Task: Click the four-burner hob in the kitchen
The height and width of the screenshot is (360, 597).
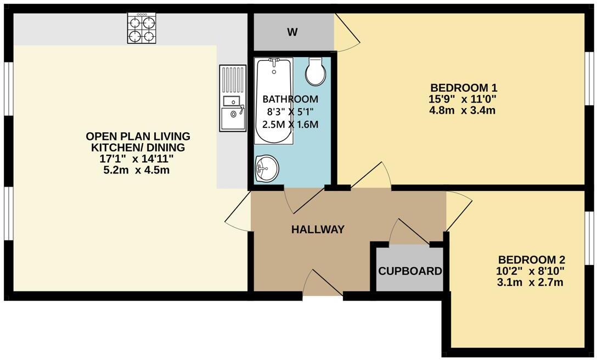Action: point(142,29)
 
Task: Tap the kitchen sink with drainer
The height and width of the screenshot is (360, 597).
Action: point(233,98)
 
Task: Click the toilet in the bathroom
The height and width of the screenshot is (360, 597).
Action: point(316,71)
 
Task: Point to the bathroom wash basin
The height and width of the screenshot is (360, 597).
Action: point(267,168)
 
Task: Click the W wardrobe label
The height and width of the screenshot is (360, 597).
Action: point(292,32)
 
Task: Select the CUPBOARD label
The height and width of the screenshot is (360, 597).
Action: point(410,271)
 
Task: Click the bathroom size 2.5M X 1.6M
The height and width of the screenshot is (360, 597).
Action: point(290,124)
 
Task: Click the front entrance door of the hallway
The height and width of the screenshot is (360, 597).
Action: point(323,285)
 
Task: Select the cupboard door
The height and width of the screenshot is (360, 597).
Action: point(409,233)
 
